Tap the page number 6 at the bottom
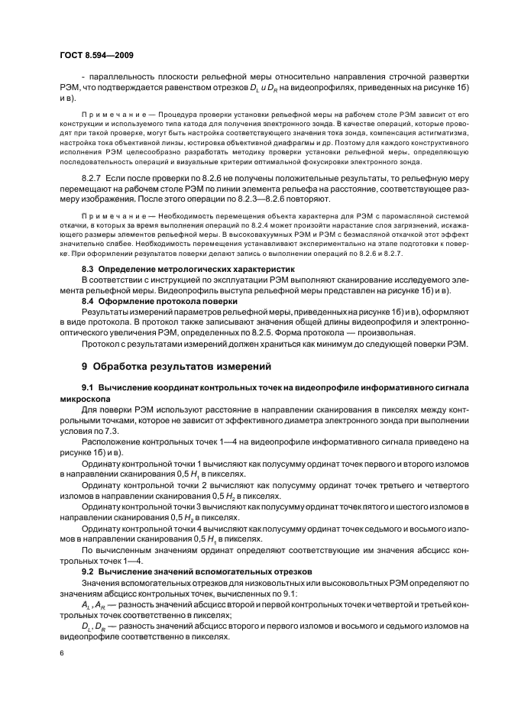(x=62, y=652)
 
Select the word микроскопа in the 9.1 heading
(x=85, y=400)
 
